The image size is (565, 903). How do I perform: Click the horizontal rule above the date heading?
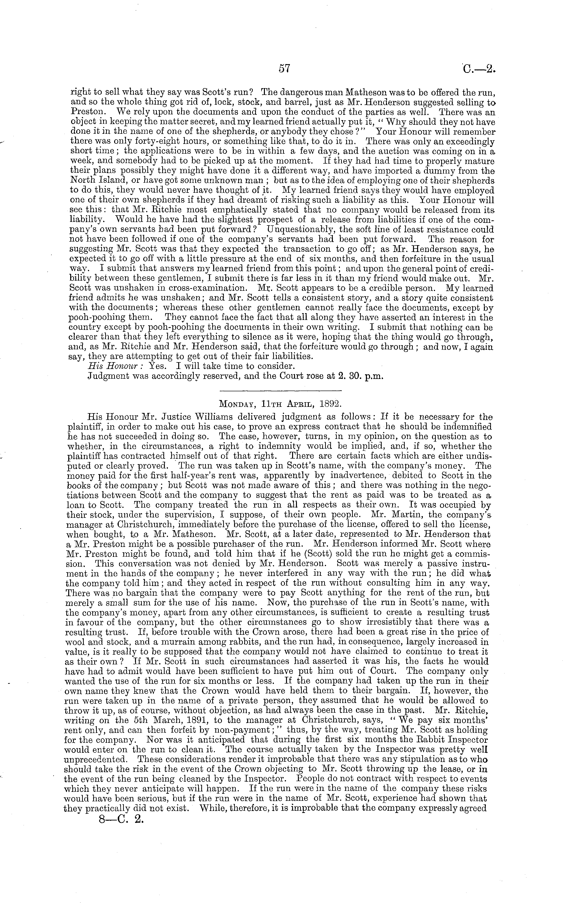280,390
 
